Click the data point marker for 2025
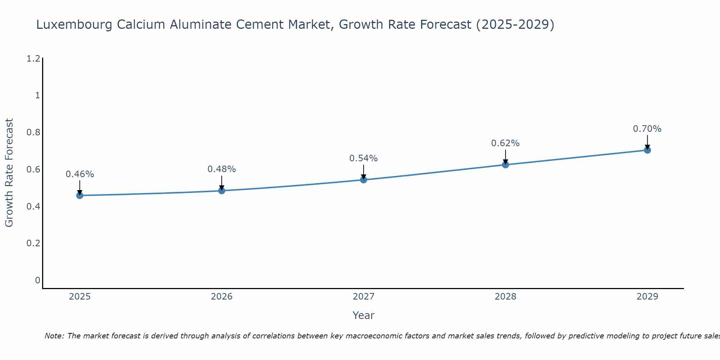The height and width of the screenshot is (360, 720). (80, 195)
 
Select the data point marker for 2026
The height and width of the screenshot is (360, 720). (221, 190)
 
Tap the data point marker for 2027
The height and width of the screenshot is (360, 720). (363, 180)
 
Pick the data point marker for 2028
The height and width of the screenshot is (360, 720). (505, 165)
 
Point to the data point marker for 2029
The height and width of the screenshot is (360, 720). (647, 150)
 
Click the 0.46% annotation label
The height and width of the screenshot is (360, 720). (80, 174)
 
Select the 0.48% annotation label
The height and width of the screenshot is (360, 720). (221, 169)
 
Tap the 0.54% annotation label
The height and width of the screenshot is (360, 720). (363, 158)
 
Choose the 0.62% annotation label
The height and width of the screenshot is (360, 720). (505, 143)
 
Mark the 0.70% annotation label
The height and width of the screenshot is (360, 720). (647, 129)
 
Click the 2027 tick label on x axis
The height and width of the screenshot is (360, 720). (363, 297)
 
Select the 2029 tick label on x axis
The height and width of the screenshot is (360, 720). (647, 297)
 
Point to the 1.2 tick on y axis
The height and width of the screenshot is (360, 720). (33, 58)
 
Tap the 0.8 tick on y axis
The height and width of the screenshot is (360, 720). (33, 132)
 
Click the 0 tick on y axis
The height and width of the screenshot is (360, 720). (37, 280)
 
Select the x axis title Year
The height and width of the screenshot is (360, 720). (363, 315)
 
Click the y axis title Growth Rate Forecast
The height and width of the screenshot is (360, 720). (9, 173)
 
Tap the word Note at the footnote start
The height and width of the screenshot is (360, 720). (54, 336)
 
